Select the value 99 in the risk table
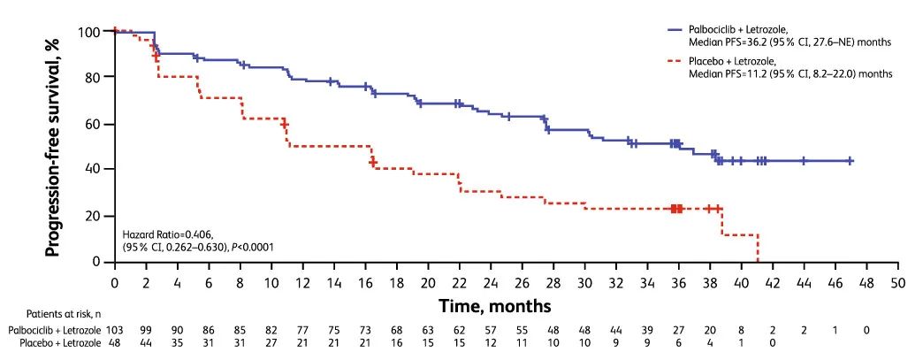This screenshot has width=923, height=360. click(146, 329)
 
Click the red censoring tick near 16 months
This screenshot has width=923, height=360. click(373, 163)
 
